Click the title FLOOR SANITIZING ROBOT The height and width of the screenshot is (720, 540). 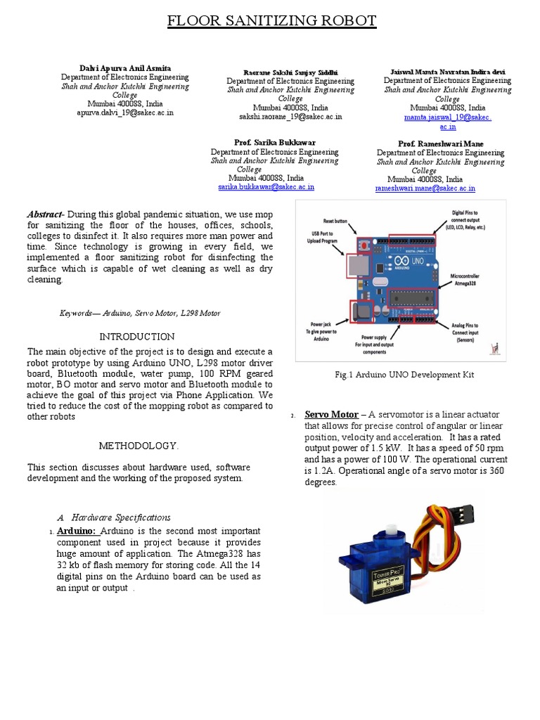click(x=271, y=21)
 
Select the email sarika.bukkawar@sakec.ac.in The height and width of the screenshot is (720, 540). click(x=266, y=187)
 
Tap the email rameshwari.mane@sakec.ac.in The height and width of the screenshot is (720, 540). click(x=425, y=188)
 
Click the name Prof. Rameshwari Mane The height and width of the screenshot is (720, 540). click(x=440, y=144)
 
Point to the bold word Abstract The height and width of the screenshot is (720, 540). click(x=45, y=214)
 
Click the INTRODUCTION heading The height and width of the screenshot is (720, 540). click(x=136, y=337)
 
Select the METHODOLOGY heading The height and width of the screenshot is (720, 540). click(x=138, y=446)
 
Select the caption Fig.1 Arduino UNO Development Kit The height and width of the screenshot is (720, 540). click(x=404, y=375)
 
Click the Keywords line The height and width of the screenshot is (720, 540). click(x=139, y=313)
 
